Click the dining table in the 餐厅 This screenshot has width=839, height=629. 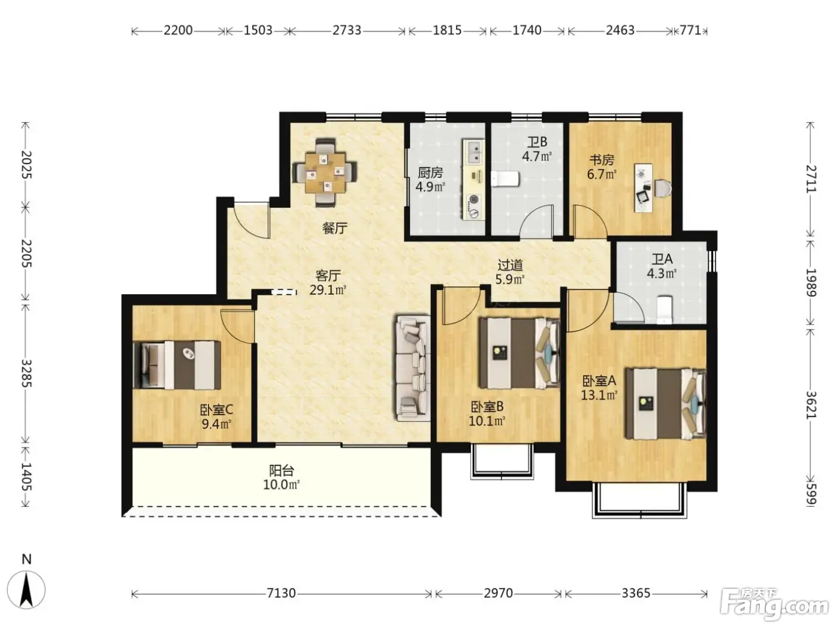click(325, 173)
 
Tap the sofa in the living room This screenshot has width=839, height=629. click(413, 368)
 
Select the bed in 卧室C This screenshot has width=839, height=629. click(177, 365)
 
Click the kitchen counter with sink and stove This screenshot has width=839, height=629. click(473, 180)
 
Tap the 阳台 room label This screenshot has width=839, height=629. click(281, 470)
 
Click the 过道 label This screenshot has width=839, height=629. click(510, 265)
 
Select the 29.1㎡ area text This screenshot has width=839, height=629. click(328, 290)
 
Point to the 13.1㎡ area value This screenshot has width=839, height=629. click(599, 395)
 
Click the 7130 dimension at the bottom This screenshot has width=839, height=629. click(281, 592)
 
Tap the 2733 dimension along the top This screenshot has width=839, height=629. click(346, 30)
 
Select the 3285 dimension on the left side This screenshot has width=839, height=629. click(26, 373)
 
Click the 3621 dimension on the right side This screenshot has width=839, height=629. click(811, 405)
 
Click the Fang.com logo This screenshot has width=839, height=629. click(774, 602)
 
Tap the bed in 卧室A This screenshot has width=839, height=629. click(665, 403)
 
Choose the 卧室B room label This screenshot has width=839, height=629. click(487, 407)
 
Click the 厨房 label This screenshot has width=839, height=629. click(430, 173)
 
